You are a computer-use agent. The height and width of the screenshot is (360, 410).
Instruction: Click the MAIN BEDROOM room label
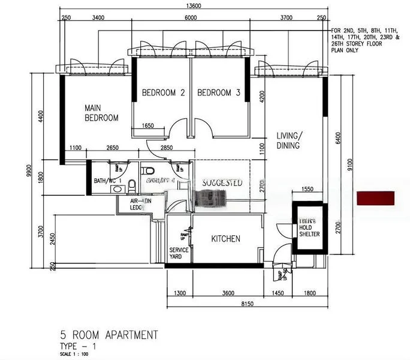(x=101, y=113)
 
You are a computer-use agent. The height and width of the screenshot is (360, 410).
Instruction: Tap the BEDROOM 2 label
(x=162, y=93)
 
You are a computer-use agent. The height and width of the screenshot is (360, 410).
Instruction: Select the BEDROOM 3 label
(x=219, y=93)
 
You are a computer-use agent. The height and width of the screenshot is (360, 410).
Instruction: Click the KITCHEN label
(x=226, y=239)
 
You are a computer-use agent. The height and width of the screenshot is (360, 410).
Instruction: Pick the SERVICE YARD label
(x=179, y=253)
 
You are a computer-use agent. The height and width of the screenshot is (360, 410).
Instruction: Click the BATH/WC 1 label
(x=108, y=181)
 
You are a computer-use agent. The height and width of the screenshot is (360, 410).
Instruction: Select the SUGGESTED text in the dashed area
(x=221, y=182)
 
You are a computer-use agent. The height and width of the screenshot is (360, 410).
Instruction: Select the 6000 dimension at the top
(x=191, y=18)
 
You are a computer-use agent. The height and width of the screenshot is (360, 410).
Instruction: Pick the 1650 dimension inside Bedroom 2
(x=147, y=126)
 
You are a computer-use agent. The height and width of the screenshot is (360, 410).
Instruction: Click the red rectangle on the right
(x=376, y=199)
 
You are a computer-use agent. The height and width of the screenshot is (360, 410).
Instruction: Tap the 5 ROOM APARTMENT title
(x=109, y=335)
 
